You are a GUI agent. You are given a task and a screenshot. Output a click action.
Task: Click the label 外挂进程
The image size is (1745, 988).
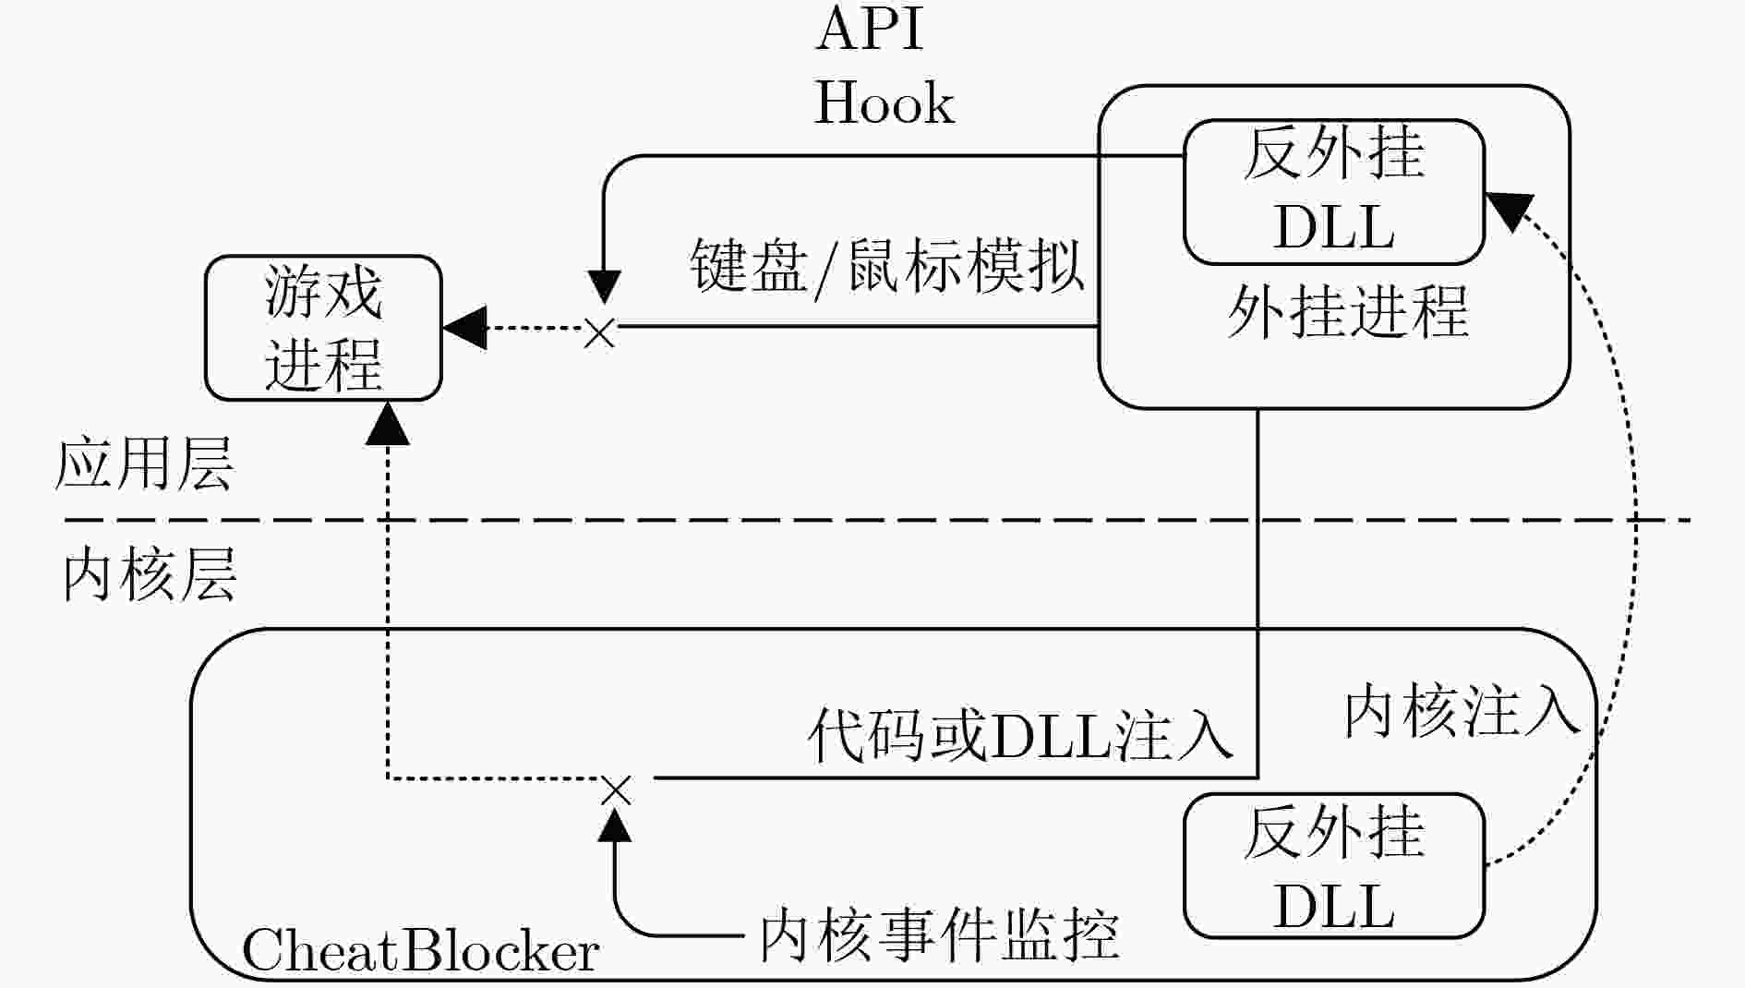[1347, 312]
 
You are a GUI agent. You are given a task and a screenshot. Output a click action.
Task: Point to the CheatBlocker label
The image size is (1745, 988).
[420, 950]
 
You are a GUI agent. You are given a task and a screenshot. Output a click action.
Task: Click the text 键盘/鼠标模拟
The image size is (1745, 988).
[887, 266]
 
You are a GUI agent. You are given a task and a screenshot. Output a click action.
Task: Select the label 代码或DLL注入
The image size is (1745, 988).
[1020, 736]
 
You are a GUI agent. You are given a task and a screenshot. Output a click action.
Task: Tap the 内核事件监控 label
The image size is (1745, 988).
[939, 934]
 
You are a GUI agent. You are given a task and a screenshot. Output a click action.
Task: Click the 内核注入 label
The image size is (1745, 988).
[1462, 712]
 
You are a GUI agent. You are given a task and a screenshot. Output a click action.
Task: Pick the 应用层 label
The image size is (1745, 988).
[144, 464]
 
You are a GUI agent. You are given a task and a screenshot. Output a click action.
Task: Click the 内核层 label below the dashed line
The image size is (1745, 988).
[149, 574]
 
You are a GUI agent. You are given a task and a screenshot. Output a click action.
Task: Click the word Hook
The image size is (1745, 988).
[884, 102]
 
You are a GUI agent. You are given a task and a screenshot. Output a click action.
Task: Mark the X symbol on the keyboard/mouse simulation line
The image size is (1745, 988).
[600, 332]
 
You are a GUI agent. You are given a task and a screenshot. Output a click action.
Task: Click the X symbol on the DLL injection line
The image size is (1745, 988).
[616, 791]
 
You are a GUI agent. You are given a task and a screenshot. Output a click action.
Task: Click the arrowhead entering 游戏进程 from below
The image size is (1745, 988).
[388, 424]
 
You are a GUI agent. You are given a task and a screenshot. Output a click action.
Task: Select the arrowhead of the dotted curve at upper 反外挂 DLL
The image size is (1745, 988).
[1509, 211]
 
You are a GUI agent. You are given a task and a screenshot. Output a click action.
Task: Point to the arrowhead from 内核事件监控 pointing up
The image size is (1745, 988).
[615, 825]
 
